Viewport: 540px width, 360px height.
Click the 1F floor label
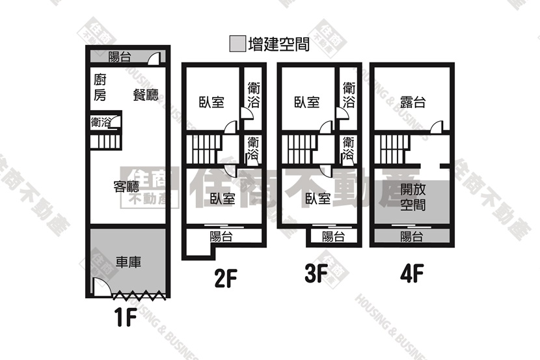(x=126, y=317)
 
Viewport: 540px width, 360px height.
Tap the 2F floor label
(x=226, y=279)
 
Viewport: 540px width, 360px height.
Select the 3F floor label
(x=316, y=274)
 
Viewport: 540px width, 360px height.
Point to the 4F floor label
(x=412, y=274)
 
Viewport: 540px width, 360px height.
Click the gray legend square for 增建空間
(x=237, y=44)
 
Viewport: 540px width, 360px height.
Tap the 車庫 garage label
(x=128, y=262)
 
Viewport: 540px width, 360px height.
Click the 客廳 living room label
(x=126, y=186)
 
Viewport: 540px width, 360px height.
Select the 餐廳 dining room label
(x=146, y=94)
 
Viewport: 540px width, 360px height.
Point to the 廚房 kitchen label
(x=100, y=87)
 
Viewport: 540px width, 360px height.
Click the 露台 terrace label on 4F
(x=412, y=102)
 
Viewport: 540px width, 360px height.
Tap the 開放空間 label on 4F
(x=412, y=197)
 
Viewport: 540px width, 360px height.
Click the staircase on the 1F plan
(x=105, y=141)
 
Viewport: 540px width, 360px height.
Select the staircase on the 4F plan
(x=392, y=150)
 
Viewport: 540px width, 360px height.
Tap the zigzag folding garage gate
(x=139, y=295)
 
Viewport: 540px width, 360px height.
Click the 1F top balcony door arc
(x=154, y=58)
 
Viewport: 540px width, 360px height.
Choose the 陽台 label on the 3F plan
(x=333, y=237)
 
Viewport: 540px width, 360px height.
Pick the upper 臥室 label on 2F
(x=211, y=102)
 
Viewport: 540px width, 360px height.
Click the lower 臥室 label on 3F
(x=318, y=198)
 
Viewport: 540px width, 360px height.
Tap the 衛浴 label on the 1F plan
(x=101, y=122)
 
